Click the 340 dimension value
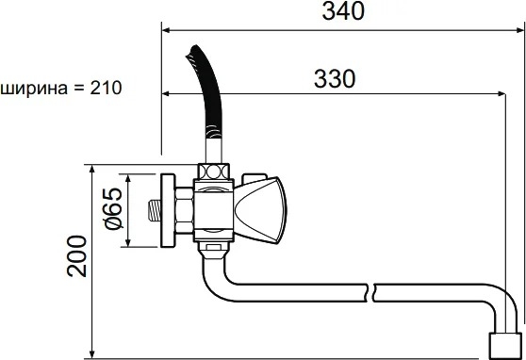(x=343, y=11)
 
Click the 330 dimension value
(x=335, y=79)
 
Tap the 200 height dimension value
(x=76, y=256)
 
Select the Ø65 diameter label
(x=113, y=208)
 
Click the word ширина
(x=34, y=89)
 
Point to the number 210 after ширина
(x=106, y=88)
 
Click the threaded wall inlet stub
(x=155, y=211)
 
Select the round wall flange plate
(x=168, y=211)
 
